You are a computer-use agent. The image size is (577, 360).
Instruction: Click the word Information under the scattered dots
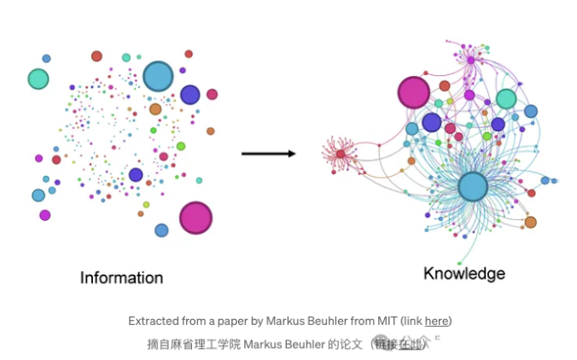pyautogui.click(x=121, y=277)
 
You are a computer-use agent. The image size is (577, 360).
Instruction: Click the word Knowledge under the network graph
pyautogui.click(x=464, y=274)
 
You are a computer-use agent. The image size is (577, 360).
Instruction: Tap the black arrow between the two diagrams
pyautogui.click(x=268, y=154)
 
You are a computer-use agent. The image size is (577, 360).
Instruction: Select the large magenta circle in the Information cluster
pyautogui.click(x=195, y=218)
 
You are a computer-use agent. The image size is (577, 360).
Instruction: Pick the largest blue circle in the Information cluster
pyautogui.click(x=158, y=77)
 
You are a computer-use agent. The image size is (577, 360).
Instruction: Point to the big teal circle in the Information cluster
pyautogui.click(x=38, y=79)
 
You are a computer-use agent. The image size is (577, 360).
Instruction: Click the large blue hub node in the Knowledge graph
pyautogui.click(x=472, y=187)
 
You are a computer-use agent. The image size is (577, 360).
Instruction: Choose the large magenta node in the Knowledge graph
pyautogui.click(x=414, y=92)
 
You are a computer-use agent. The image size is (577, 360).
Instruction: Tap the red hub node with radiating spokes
pyautogui.click(x=340, y=154)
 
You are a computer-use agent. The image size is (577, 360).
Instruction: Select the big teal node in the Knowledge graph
pyautogui.click(x=506, y=99)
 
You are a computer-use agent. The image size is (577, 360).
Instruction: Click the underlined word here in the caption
pyautogui.click(x=436, y=322)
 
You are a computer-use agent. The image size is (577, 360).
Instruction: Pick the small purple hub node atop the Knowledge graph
pyautogui.click(x=469, y=60)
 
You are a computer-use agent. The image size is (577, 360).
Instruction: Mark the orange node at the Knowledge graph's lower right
pyautogui.click(x=530, y=223)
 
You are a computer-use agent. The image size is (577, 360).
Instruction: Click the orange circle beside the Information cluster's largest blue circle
pyautogui.click(x=155, y=109)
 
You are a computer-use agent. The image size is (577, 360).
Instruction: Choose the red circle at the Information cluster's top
pyautogui.click(x=96, y=56)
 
